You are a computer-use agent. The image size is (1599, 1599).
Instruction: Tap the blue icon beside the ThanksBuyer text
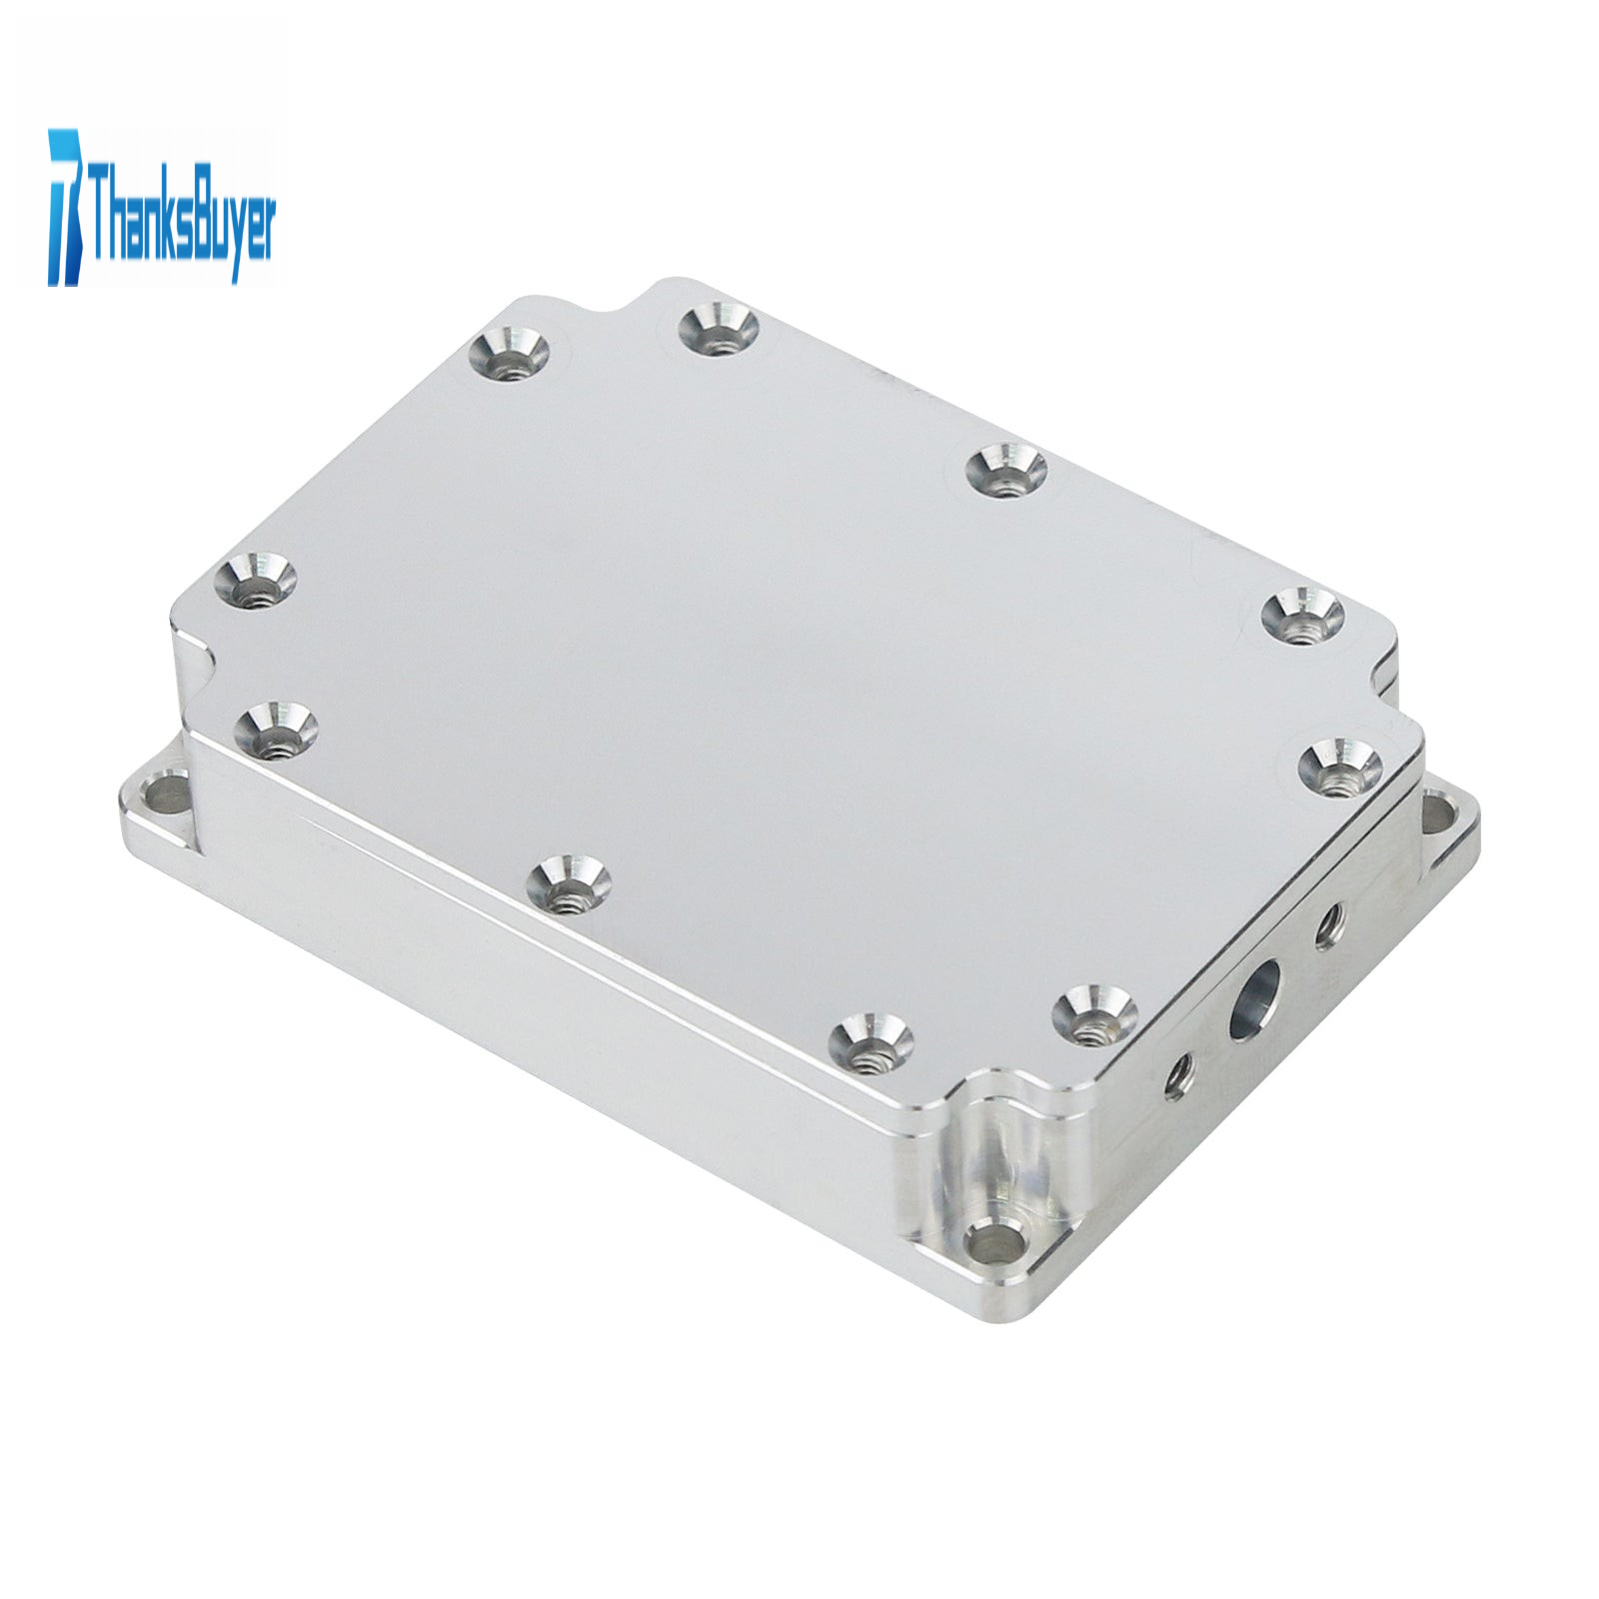pos(66,206)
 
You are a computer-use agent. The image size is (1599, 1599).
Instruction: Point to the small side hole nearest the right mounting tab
pos(1328,925)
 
